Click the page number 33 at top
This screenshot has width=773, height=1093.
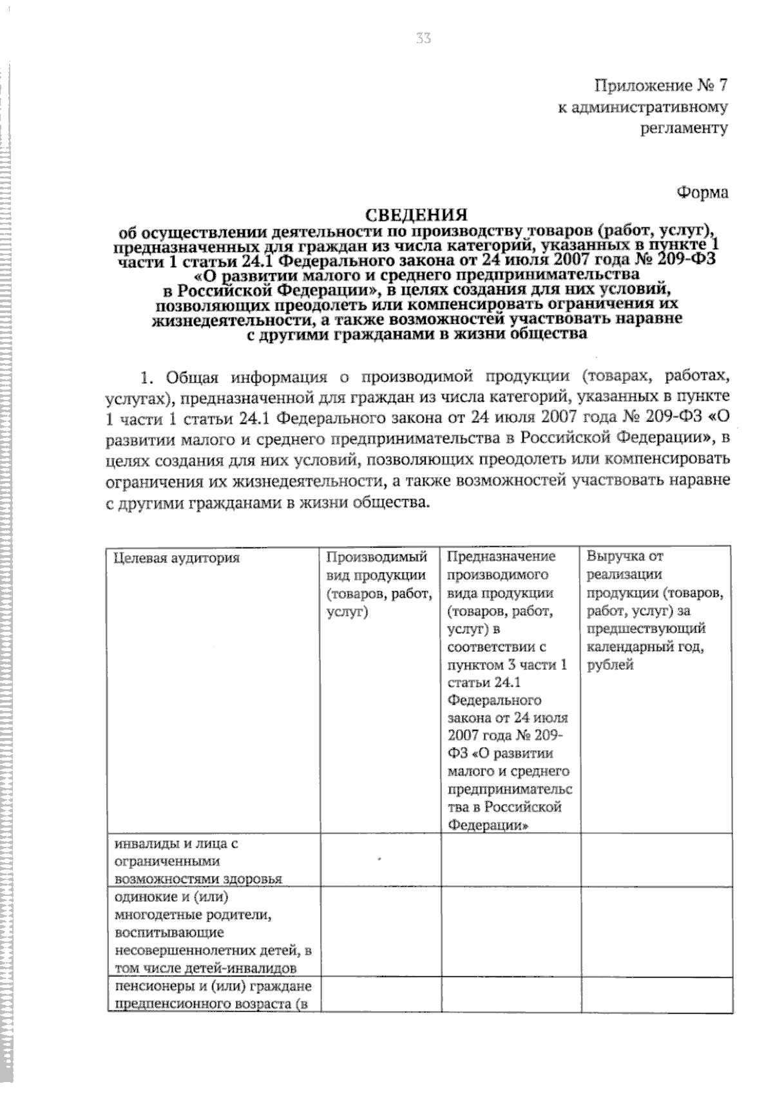pyautogui.click(x=423, y=39)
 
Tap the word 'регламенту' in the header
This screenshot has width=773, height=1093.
pyautogui.click(x=683, y=128)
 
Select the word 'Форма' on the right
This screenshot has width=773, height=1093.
pyautogui.click(x=702, y=193)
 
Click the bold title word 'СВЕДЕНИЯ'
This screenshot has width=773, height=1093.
pyautogui.click(x=417, y=214)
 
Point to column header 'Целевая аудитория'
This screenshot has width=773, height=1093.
pyautogui.click(x=177, y=558)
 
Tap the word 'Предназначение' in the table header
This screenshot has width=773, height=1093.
pyautogui.click(x=501, y=556)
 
